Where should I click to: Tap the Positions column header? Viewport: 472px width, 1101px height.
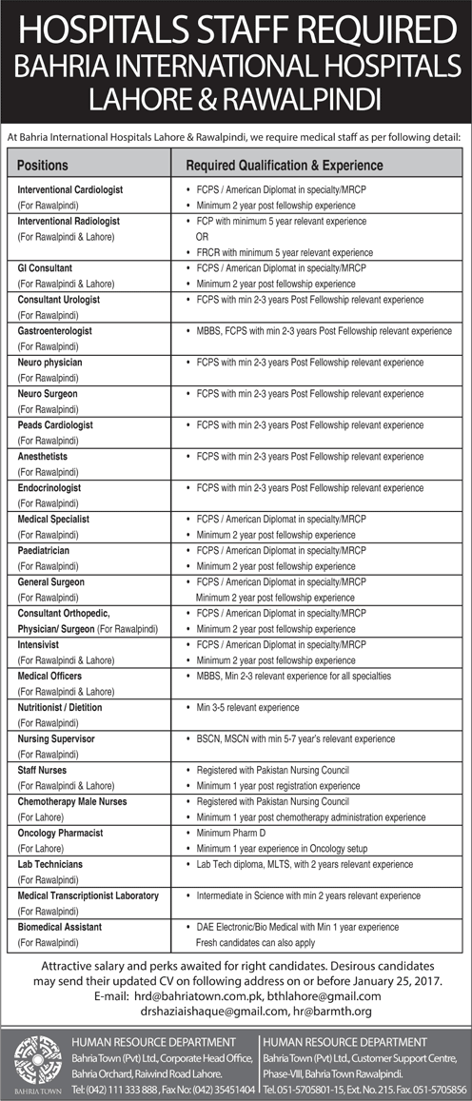43,166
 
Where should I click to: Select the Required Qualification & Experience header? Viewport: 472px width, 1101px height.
284,166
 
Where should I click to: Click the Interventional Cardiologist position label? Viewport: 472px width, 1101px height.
70,190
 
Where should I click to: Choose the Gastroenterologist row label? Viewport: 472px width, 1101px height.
54,331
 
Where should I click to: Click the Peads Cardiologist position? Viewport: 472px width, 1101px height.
55,424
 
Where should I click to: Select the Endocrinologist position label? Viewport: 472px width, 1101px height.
49,487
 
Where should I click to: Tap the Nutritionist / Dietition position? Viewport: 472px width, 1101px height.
60,707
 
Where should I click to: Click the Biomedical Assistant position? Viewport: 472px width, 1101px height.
59,926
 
